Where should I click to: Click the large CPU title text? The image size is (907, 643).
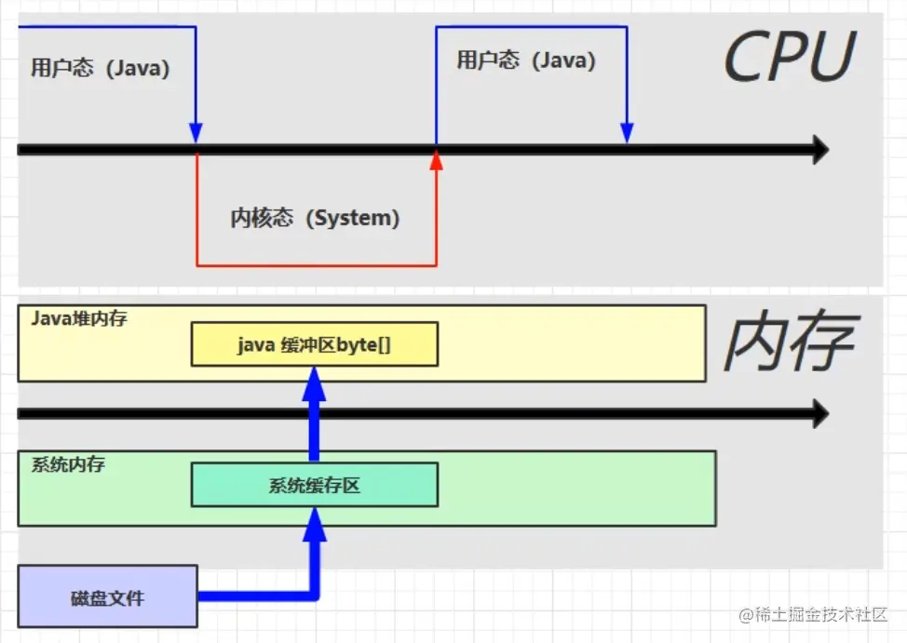(x=789, y=58)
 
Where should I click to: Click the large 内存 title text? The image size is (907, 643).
(x=790, y=342)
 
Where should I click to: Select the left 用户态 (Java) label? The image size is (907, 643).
(x=101, y=69)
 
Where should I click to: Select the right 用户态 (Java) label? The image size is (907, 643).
(x=526, y=60)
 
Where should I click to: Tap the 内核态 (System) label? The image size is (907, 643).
(x=315, y=218)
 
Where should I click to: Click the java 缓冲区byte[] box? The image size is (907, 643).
(x=315, y=345)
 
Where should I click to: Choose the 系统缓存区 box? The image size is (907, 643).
(x=315, y=485)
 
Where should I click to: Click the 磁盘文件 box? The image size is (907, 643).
(x=107, y=596)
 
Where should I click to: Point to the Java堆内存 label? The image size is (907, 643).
(x=79, y=319)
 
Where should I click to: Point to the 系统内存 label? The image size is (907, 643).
(x=68, y=464)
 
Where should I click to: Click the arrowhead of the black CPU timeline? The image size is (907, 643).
(x=819, y=149)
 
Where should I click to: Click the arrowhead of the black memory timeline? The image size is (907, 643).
(x=819, y=414)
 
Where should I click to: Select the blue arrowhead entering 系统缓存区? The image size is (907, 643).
(x=315, y=524)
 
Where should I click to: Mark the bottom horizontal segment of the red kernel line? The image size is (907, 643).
(x=317, y=265)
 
